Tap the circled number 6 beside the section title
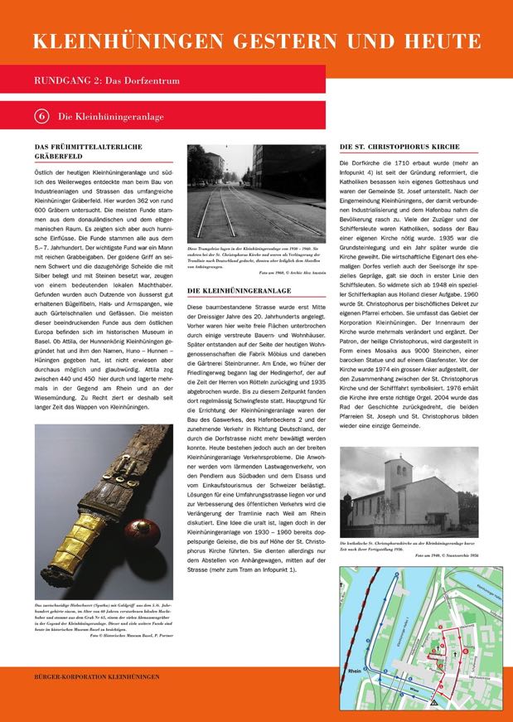point(41,117)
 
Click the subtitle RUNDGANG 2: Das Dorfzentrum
point(107,80)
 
